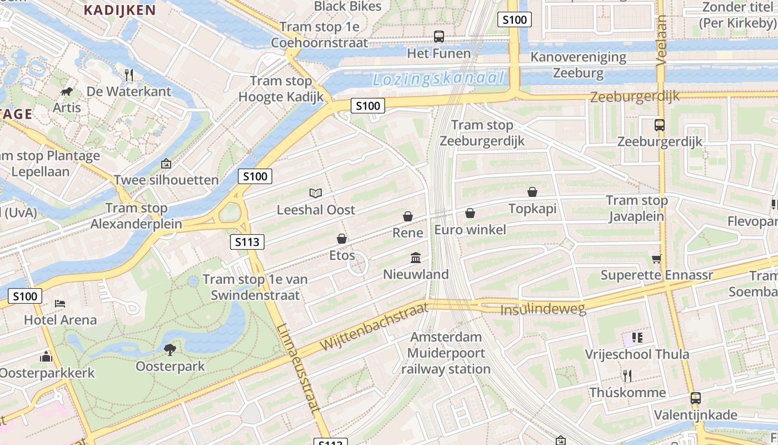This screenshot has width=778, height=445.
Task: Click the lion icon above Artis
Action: pos(67,91)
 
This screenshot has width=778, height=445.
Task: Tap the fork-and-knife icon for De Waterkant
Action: pos(129,75)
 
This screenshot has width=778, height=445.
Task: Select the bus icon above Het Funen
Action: pos(439,37)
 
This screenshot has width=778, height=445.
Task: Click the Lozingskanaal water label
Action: pos(438,79)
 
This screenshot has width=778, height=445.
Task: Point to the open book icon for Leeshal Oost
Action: pos(316,193)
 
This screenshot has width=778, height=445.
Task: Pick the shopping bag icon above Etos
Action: pos(342,239)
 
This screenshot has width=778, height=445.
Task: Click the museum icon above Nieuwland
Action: pos(416,258)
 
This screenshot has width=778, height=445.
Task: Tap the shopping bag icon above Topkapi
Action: pos(532,192)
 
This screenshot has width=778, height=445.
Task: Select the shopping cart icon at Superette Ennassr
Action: pos(656,259)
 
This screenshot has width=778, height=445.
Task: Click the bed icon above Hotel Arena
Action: pos(60,303)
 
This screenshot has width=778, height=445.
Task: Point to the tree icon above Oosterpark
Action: pos(170,349)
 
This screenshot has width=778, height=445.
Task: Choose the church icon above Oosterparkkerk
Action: pos(46,356)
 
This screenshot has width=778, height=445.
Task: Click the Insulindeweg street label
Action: pos(543,309)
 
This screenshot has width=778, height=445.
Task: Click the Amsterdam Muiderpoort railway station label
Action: pos(446,353)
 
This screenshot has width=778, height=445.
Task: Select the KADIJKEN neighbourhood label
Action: pos(119,9)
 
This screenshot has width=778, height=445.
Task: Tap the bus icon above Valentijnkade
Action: pos(696,398)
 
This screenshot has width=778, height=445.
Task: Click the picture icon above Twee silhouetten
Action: pos(166,164)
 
